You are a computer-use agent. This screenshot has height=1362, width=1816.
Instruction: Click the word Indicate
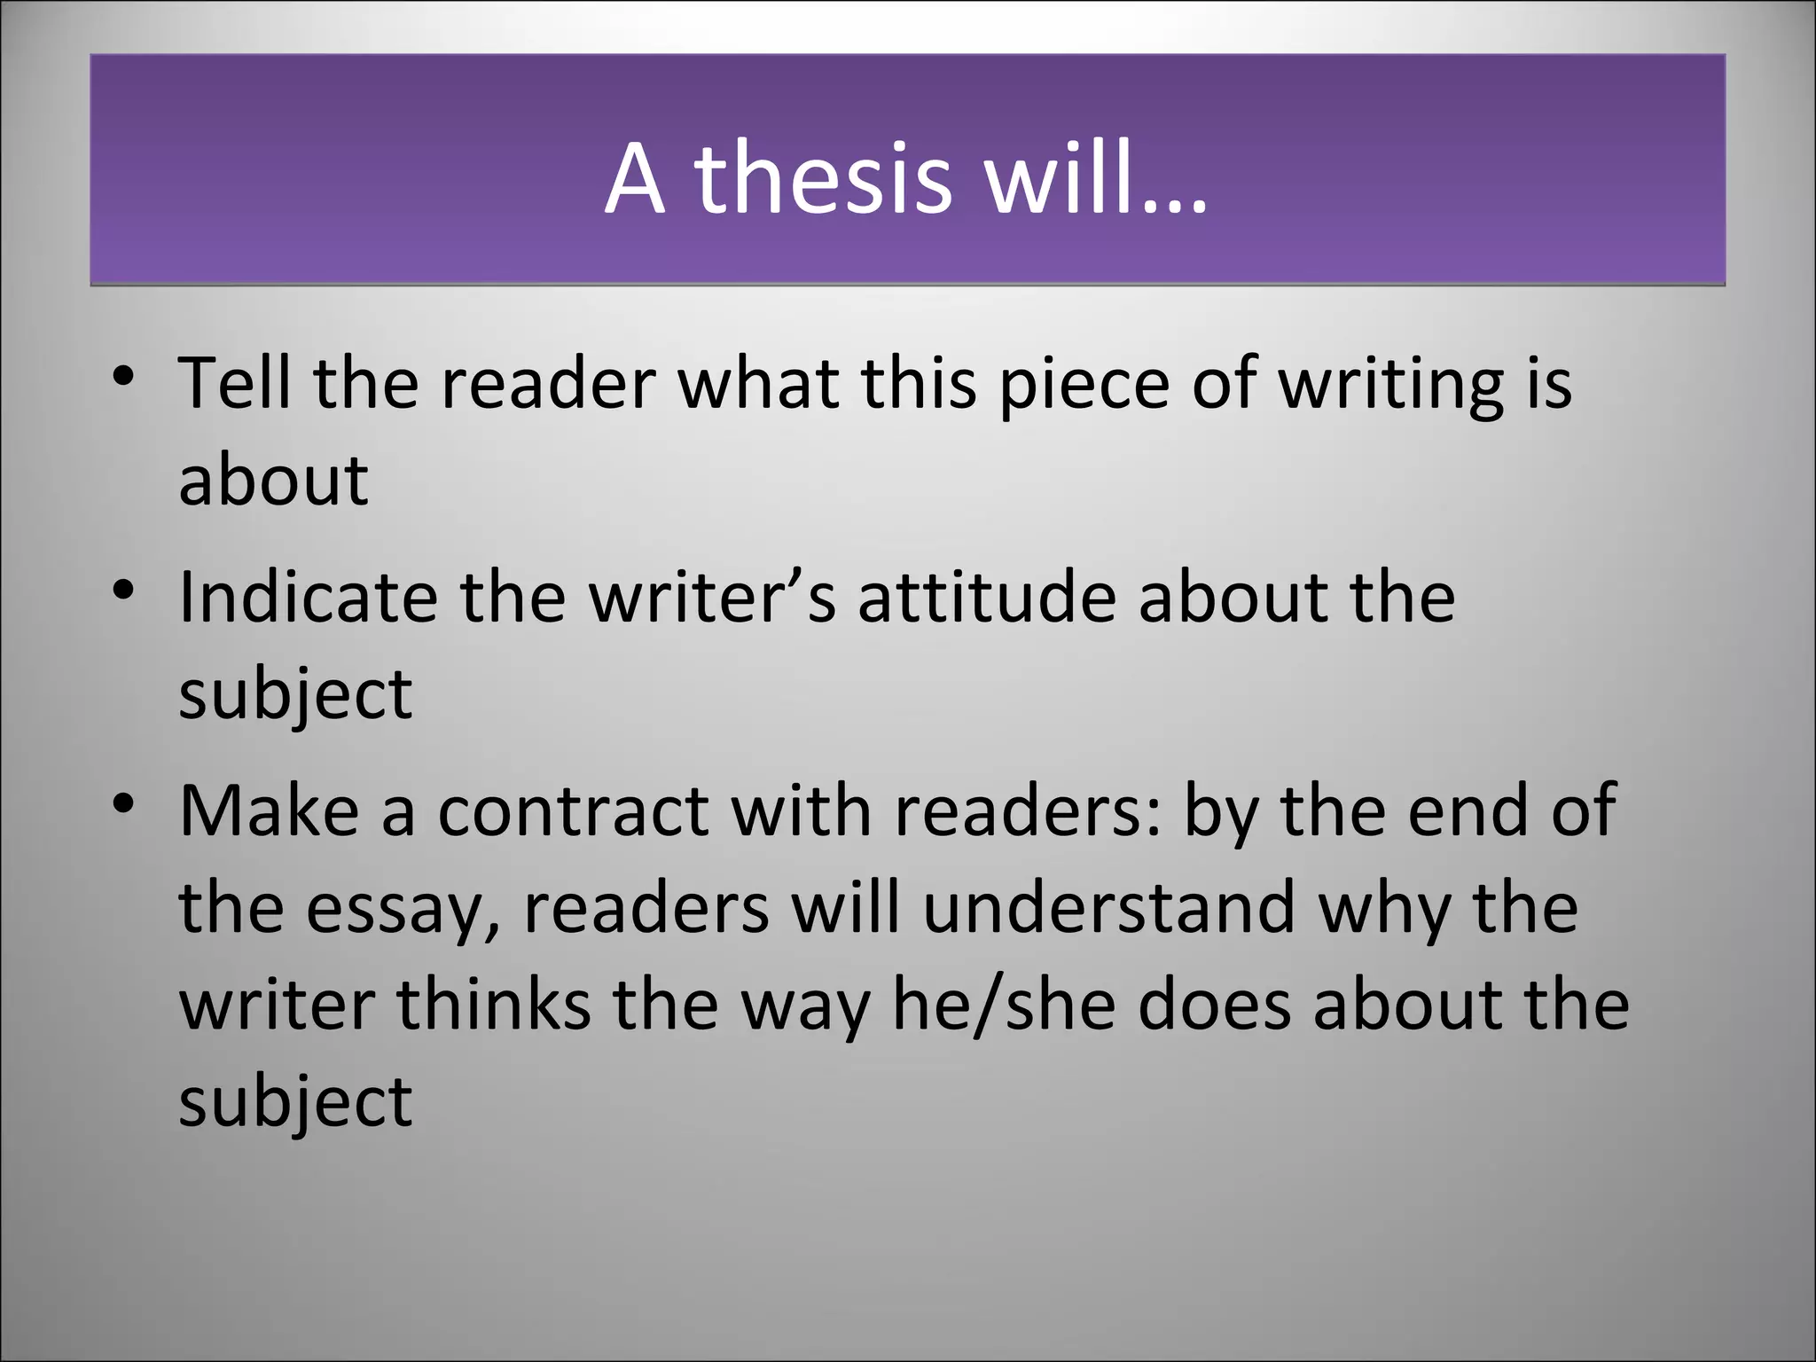click(x=308, y=597)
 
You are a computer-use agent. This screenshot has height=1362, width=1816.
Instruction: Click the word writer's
click(x=713, y=597)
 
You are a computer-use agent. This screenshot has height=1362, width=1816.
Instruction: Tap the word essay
click(x=403, y=910)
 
